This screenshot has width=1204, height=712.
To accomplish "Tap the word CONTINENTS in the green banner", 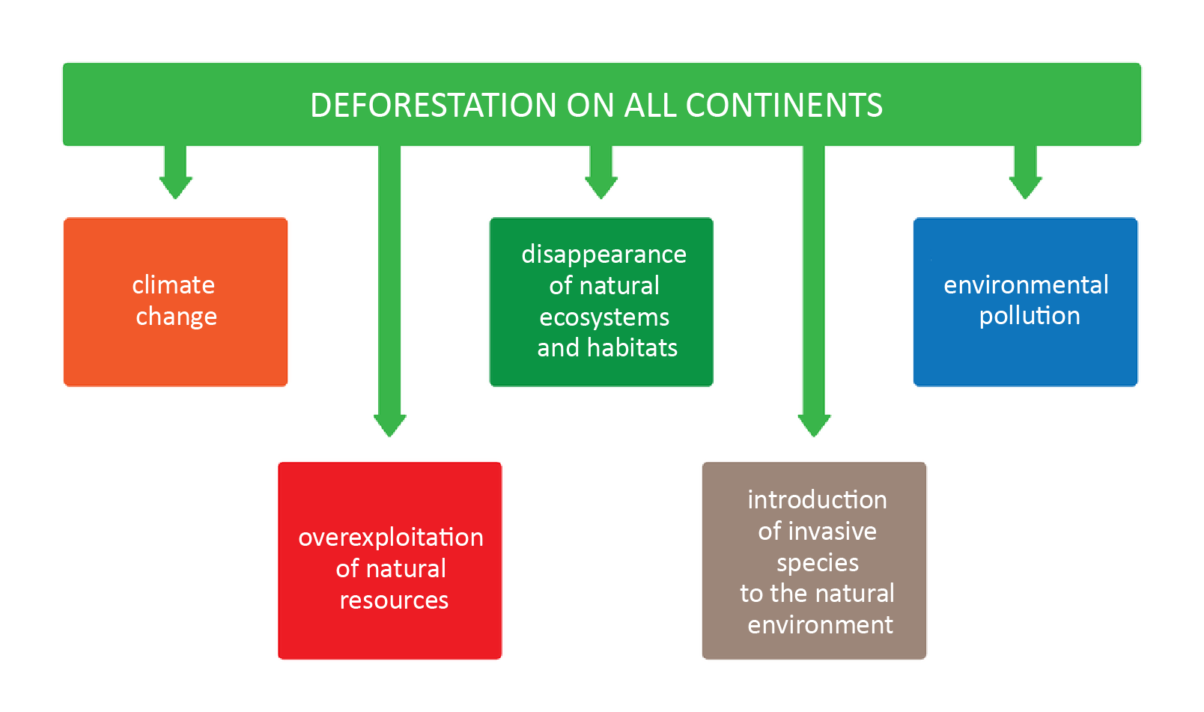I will pyautogui.click(x=784, y=106).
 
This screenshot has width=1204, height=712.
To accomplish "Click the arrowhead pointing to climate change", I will pyautogui.click(x=176, y=187).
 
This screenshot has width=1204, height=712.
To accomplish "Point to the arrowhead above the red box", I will pyautogui.click(x=390, y=425).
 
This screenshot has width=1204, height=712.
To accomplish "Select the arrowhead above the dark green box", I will pyautogui.click(x=601, y=187).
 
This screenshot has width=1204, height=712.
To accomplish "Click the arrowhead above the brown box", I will pyautogui.click(x=814, y=425).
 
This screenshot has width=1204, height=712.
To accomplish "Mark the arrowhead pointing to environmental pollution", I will pyautogui.click(x=1025, y=187).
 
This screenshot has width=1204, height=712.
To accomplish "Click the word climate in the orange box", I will pyautogui.click(x=174, y=285).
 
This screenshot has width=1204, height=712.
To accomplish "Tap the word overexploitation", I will pyautogui.click(x=391, y=538).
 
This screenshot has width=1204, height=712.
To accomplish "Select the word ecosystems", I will pyautogui.click(x=604, y=317).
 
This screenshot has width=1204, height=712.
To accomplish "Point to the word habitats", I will pyautogui.click(x=632, y=348).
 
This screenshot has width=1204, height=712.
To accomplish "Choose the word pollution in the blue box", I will pyautogui.click(x=1030, y=316).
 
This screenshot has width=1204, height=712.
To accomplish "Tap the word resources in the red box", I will pyautogui.click(x=394, y=600).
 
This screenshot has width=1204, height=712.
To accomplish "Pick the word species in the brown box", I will pyautogui.click(x=818, y=563).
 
